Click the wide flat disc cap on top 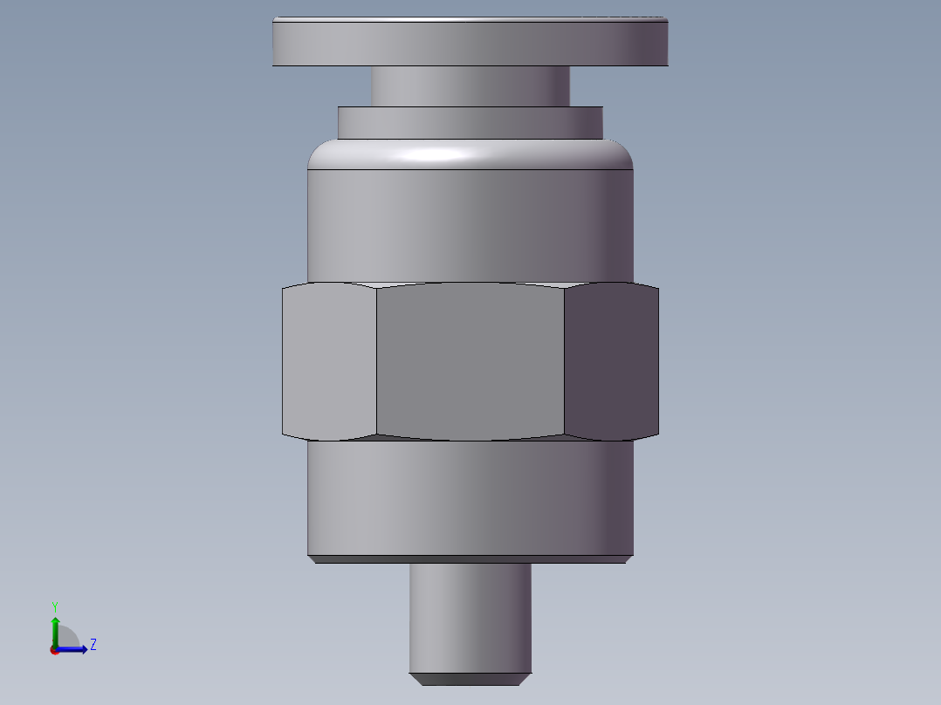point(470,41)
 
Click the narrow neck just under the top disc point(470,86)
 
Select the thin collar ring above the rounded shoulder point(470,123)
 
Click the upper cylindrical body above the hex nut point(470,226)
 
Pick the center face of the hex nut point(470,361)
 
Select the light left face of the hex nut point(329,361)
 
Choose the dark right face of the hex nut point(612,361)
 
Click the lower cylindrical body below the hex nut point(470,498)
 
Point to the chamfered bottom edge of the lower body point(470,560)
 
